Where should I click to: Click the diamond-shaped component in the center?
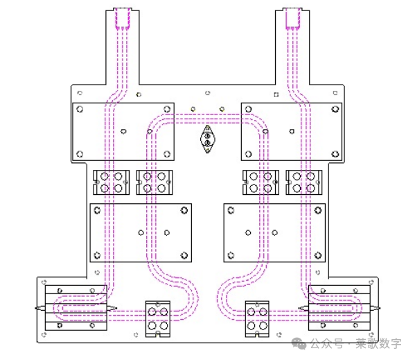tap(208, 139)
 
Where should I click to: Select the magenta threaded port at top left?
tap(122, 18)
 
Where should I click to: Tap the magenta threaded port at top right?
tap(293, 18)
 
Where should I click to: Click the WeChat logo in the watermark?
tap(299, 343)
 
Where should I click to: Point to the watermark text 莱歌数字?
tap(378, 344)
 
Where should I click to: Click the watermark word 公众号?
tap(326, 344)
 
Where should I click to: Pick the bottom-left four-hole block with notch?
tap(158, 319)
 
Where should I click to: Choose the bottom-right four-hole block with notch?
tap(257, 319)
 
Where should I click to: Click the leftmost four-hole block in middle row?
tap(112, 182)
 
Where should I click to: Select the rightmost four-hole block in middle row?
tap(304, 182)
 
